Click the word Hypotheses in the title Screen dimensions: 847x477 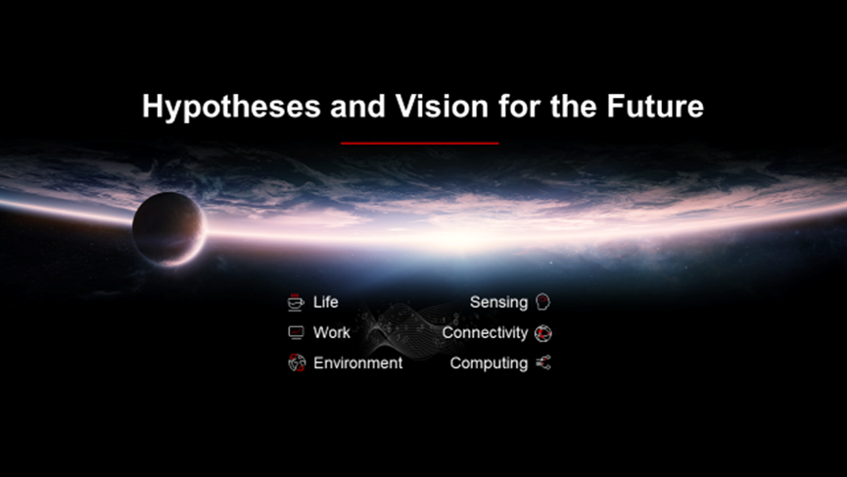(231, 107)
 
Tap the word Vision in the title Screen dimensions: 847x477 (442, 106)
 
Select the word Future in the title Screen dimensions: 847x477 (655, 106)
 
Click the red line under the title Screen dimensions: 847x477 (420, 143)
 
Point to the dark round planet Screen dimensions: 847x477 (169, 229)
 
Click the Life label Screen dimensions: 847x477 (326, 302)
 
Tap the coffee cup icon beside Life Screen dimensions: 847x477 (296, 303)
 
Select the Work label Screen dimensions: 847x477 (332, 332)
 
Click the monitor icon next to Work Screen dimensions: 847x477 (296, 333)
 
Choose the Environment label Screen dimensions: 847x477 (357, 363)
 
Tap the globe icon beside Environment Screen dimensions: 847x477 (297, 363)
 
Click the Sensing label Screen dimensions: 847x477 (498, 303)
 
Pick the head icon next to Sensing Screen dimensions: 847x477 (542, 302)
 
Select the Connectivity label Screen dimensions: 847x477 (485, 333)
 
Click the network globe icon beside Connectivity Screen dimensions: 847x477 (542, 333)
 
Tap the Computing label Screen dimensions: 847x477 (489, 363)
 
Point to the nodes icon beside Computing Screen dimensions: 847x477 (543, 363)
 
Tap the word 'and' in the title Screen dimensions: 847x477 (357, 106)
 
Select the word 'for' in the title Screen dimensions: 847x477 (520, 106)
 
